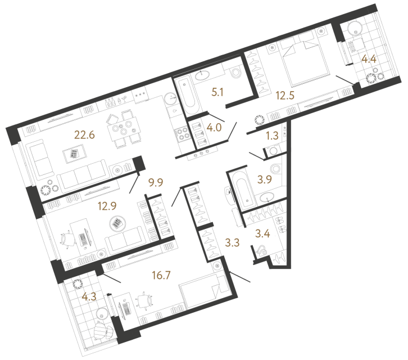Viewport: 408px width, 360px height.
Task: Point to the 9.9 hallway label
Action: (x=155, y=182)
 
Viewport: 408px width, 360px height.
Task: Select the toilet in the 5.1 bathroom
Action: (x=236, y=73)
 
